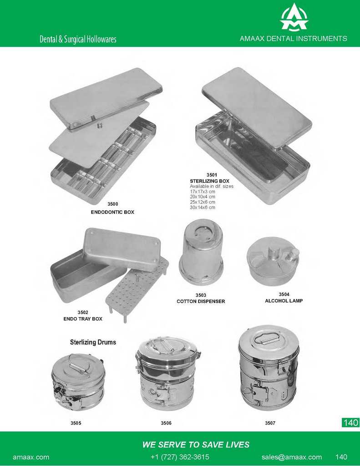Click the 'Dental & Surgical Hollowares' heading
pyautogui.click(x=78, y=39)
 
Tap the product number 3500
pyautogui.click(x=113, y=204)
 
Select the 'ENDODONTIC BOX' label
pyautogui.click(x=112, y=212)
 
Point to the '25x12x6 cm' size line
pyautogui.click(x=203, y=202)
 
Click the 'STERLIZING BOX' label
pyautogui.click(x=209, y=181)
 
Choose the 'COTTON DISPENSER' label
pyautogui.click(x=201, y=301)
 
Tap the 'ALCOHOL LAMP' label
pyautogui.click(x=284, y=301)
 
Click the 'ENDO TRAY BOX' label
pyautogui.click(x=83, y=319)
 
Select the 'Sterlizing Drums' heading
pyautogui.click(x=93, y=342)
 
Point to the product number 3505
pyautogui.click(x=76, y=423)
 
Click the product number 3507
pyautogui.click(x=270, y=423)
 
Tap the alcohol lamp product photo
pyautogui.click(x=273, y=261)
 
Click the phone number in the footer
pyautogui.click(x=180, y=457)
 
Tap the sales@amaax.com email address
pyautogui.click(x=292, y=457)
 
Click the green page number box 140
pyautogui.click(x=351, y=422)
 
